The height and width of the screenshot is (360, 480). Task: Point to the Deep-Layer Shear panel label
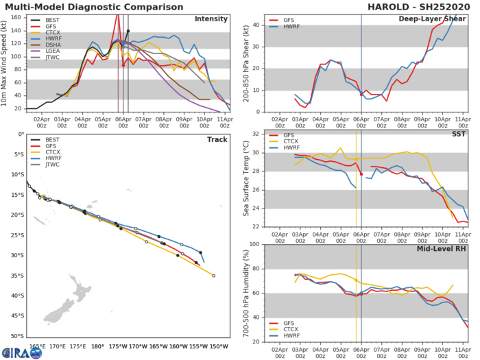click(x=437, y=19)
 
